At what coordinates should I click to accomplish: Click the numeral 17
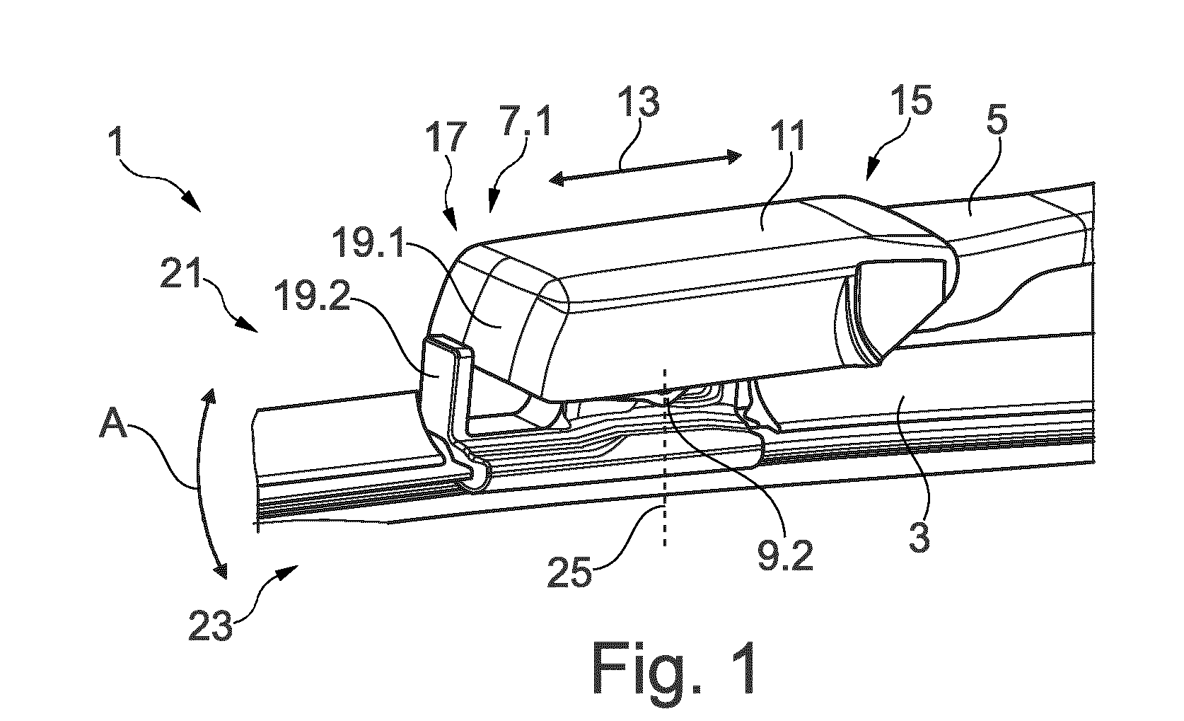point(448,137)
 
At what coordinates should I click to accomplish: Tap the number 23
point(210,625)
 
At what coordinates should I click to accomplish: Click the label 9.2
point(785,555)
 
